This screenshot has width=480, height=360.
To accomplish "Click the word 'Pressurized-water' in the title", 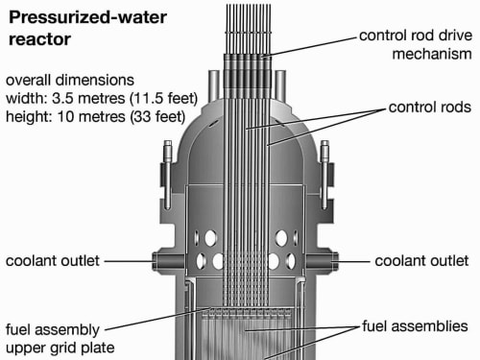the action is [87, 17].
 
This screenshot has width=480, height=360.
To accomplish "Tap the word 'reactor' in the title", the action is [39, 39].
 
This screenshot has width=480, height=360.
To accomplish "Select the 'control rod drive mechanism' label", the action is [416, 45].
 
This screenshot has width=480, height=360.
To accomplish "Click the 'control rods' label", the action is [430, 108].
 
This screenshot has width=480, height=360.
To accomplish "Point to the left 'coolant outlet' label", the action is [53, 261].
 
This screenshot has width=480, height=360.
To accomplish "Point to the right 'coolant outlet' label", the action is [421, 261].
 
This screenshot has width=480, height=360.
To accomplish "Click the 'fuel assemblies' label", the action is [415, 326].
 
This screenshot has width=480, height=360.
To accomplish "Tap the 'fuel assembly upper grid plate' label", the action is [60, 339].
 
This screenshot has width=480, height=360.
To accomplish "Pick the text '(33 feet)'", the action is [157, 116].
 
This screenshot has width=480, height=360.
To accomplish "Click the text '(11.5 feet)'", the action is [163, 98].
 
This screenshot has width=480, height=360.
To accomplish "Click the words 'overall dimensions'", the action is [70, 80].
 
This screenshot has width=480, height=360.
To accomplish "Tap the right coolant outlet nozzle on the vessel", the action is [322, 261].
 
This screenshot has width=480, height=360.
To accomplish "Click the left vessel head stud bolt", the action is [168, 175].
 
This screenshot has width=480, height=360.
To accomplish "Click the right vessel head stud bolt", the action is [324, 175].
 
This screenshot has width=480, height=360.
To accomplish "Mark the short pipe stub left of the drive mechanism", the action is [214, 84].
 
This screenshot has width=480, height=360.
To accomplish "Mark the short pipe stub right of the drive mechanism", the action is [280, 84].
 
